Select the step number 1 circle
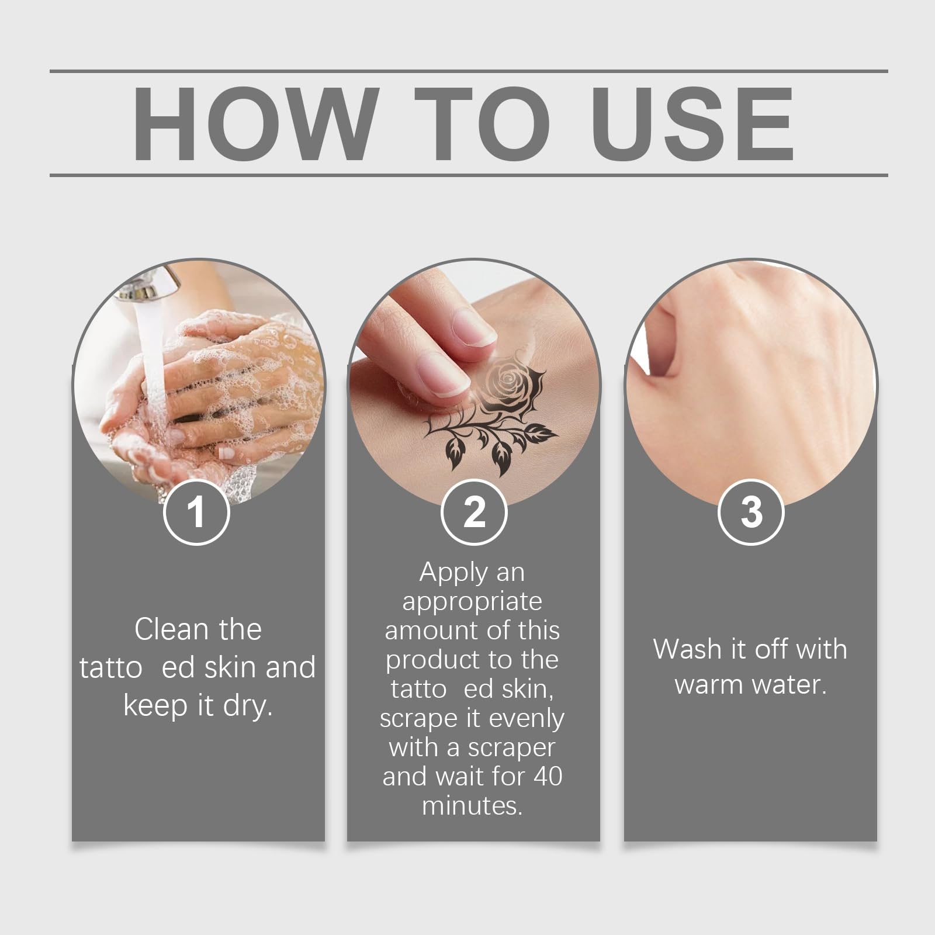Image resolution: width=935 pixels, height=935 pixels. click(196, 512)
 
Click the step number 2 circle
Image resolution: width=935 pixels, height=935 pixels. click(473, 512)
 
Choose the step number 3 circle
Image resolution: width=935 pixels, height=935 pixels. click(751, 512)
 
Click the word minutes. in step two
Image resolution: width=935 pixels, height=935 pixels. click(472, 806)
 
